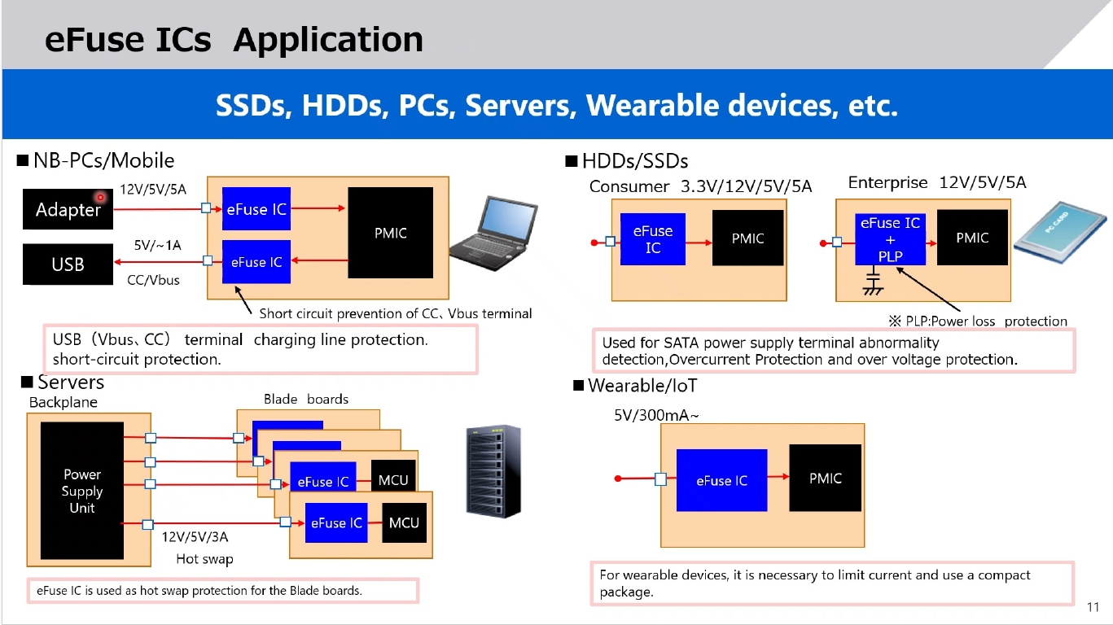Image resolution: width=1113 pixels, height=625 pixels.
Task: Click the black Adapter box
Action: coord(68,209)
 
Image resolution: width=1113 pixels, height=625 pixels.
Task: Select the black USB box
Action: coord(68,264)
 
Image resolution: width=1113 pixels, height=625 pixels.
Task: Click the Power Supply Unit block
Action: coord(82,491)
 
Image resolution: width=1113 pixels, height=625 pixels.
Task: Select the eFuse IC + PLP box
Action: coord(890,239)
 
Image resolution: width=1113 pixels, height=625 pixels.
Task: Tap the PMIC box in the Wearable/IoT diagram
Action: coord(825,478)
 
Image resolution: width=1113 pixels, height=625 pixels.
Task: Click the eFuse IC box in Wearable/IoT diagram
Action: coord(721,480)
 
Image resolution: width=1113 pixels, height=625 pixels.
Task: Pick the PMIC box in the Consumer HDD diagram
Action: coord(747,238)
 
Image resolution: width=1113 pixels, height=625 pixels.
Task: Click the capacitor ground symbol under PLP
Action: coord(873,285)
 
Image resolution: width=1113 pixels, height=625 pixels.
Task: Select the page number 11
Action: coord(1093,607)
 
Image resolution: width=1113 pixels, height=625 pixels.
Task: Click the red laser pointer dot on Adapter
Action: coord(101,197)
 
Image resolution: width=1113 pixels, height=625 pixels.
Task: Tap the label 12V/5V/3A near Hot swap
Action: coord(195,537)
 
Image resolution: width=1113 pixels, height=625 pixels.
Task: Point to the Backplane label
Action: coord(63,402)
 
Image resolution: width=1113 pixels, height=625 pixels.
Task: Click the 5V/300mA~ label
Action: coord(656,416)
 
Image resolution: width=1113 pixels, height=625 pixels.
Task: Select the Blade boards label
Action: coord(305,399)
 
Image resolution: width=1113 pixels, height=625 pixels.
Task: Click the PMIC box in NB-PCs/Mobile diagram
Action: coord(390,233)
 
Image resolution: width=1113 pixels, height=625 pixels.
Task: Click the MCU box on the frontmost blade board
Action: coord(403,522)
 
